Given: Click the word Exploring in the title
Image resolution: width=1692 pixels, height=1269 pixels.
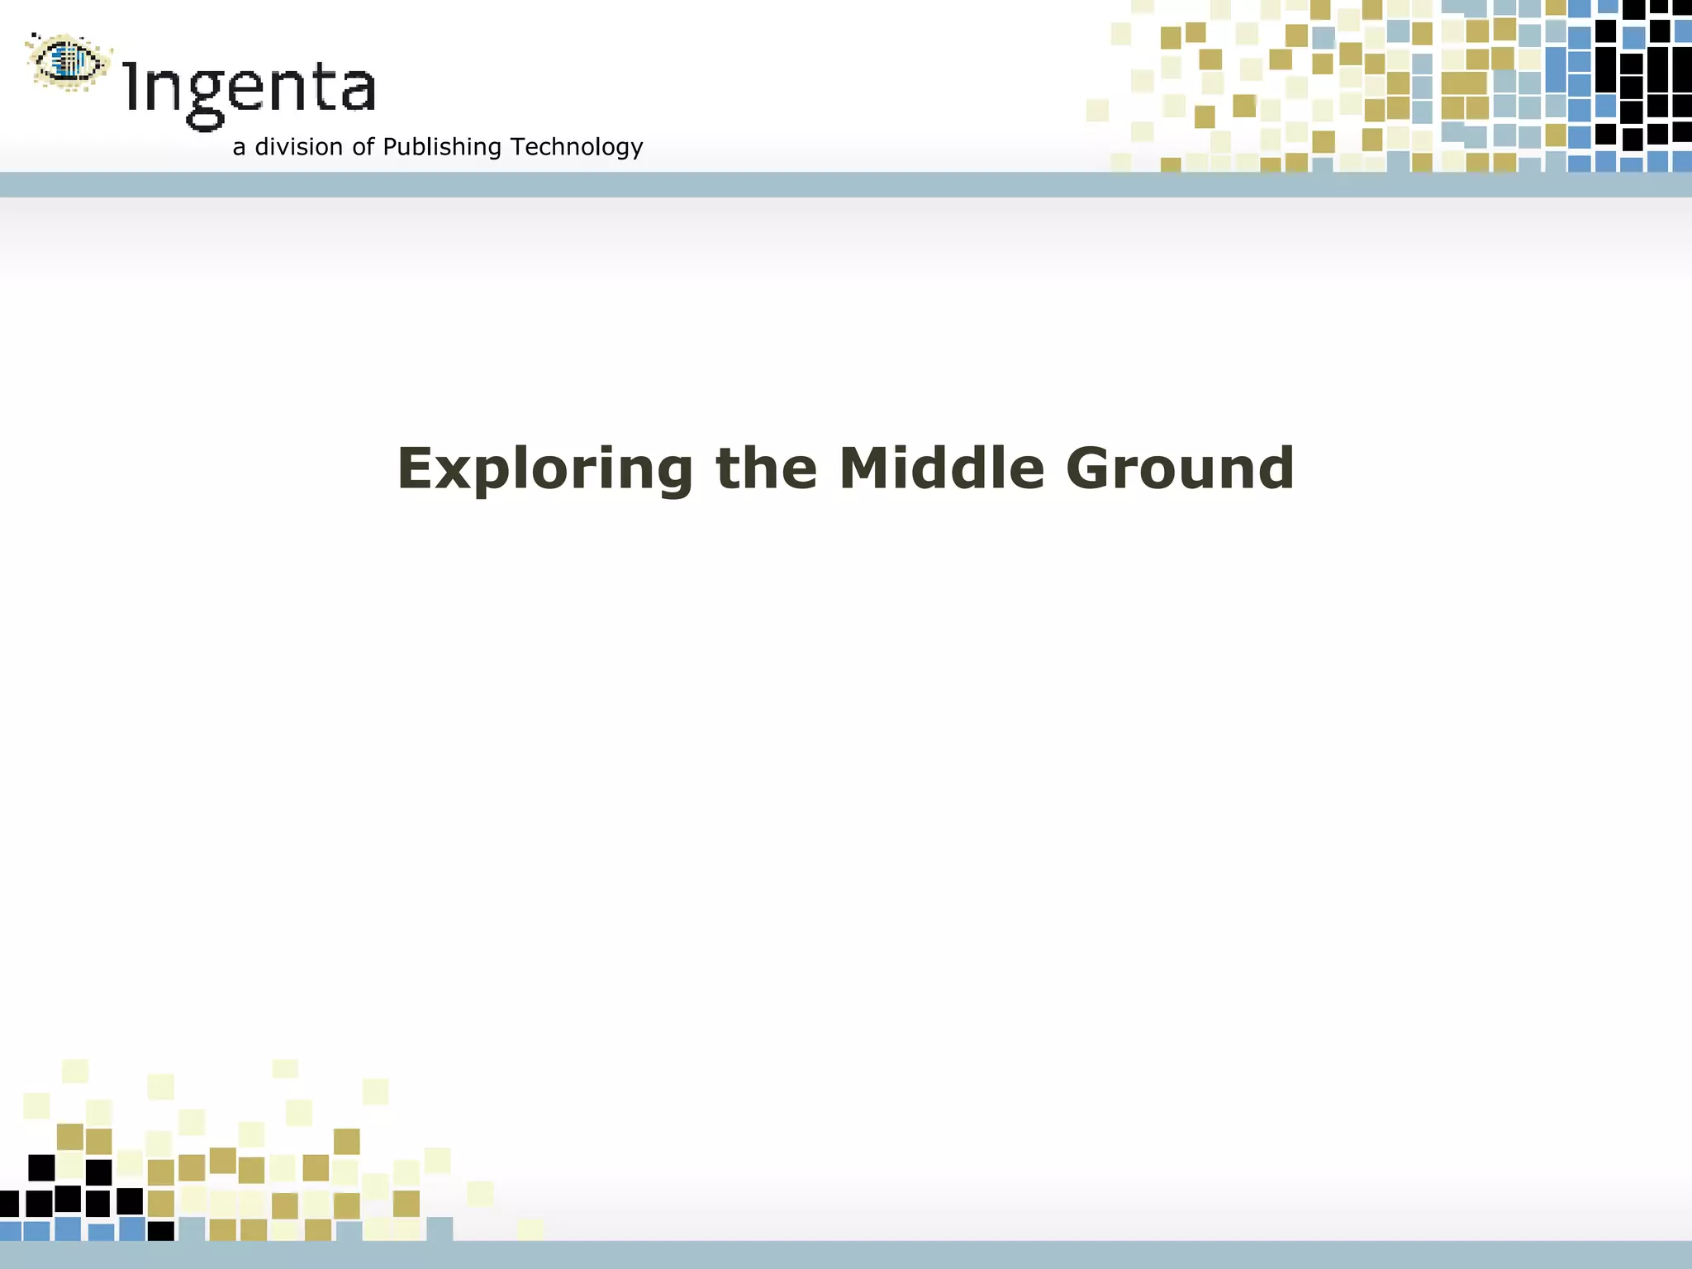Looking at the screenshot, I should click(544, 469).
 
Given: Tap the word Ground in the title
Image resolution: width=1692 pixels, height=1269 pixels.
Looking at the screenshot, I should click(1180, 468).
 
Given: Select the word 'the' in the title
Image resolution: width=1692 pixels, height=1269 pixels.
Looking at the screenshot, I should click(766, 468).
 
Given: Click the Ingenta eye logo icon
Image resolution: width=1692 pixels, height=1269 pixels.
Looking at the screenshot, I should click(68, 61).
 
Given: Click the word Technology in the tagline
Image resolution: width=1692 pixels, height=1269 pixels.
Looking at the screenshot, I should click(576, 147).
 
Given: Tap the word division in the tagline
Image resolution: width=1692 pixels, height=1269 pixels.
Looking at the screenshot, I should click(298, 146).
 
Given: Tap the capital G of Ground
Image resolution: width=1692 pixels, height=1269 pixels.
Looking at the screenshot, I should click(1088, 468).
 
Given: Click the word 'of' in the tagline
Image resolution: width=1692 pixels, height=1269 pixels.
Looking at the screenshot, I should click(363, 146).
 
